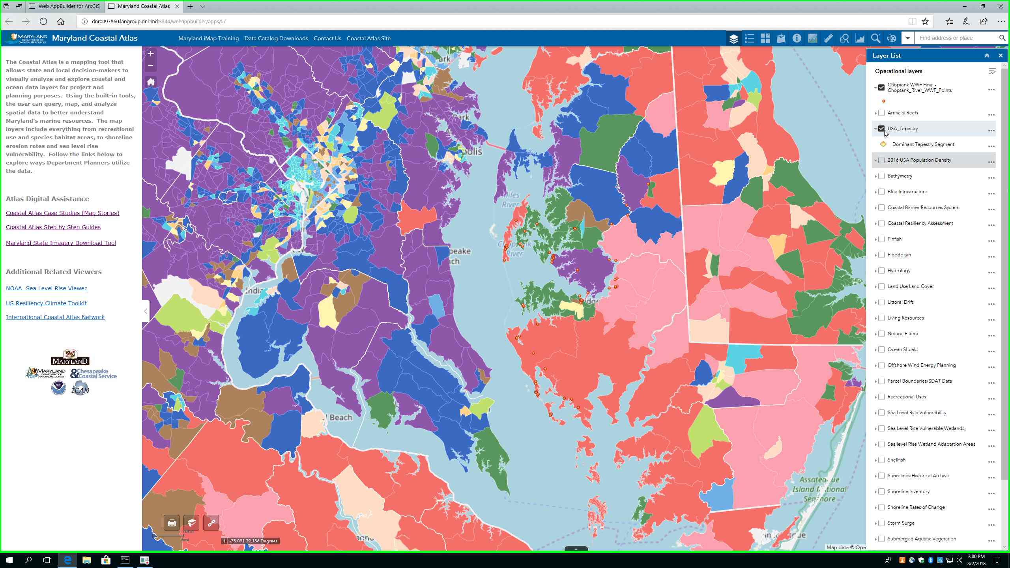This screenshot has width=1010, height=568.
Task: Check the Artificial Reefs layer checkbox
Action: (x=881, y=113)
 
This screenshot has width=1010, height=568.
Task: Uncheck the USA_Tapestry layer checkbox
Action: (x=881, y=129)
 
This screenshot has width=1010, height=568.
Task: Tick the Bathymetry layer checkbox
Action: (x=881, y=176)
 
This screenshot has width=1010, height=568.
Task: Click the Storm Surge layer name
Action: (x=901, y=523)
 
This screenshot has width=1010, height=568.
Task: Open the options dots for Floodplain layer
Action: (x=991, y=257)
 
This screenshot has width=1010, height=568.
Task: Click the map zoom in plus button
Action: (x=150, y=54)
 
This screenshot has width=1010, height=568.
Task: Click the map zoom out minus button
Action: (x=150, y=65)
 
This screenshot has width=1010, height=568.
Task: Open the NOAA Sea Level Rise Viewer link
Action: (x=46, y=288)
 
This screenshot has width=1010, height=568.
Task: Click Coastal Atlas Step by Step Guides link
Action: (x=53, y=227)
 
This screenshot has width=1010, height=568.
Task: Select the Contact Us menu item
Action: (x=327, y=38)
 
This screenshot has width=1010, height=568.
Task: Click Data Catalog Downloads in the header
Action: (x=276, y=38)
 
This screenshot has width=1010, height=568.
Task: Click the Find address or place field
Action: (x=955, y=38)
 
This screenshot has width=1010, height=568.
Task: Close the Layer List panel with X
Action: (x=1000, y=56)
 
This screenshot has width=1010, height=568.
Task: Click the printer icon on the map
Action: (x=172, y=523)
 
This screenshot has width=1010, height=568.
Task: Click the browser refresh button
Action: (x=43, y=21)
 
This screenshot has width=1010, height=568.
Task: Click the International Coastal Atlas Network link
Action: (x=55, y=317)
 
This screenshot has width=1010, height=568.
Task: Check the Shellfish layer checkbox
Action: (x=881, y=460)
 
